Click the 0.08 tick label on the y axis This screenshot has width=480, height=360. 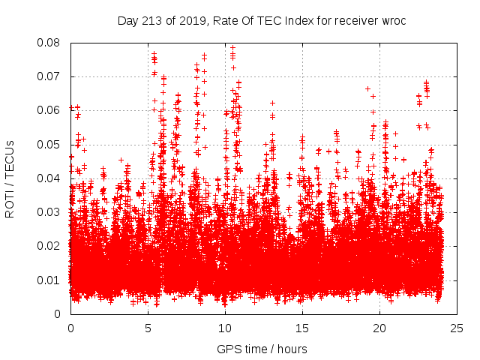coord(51,43)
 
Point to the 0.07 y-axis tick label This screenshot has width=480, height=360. coord(51,76)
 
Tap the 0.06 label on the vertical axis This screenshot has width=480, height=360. coord(51,110)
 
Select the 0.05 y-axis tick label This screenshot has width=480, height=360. coord(51,144)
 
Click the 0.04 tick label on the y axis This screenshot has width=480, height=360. coord(51,178)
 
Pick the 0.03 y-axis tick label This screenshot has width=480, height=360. coord(51,212)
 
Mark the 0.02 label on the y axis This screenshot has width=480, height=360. coord(51,246)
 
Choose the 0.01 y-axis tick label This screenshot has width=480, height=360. coord(51,280)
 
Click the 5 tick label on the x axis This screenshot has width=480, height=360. coord(148,328)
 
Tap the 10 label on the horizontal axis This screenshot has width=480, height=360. coord(225,328)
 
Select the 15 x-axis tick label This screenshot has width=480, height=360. coord(302,328)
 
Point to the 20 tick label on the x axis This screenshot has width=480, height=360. coord(379,328)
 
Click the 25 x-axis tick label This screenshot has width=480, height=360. coord(457,328)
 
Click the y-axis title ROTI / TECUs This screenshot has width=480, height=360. coord(10,178)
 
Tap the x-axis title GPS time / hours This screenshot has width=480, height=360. coord(262,349)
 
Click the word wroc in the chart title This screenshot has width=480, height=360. coord(393,20)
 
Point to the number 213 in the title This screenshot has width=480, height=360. coord(152,20)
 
